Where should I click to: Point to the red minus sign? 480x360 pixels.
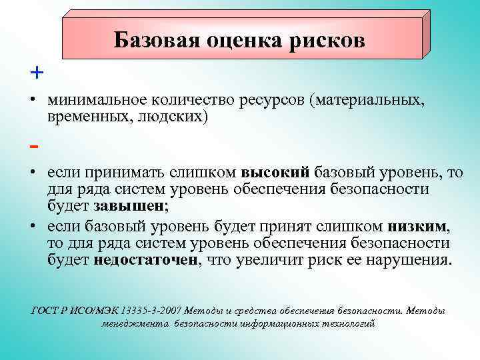coord(34,145)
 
